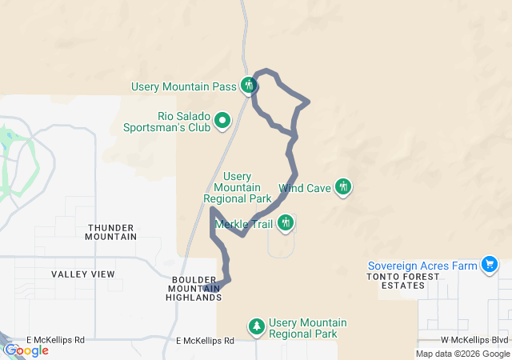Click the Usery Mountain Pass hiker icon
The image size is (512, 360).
pos(248,85)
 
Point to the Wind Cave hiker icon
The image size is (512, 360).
pos(343,187)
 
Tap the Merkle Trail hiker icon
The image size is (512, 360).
pos(286,223)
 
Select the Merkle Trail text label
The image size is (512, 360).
pos(244,224)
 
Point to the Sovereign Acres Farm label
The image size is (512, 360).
pos(422,266)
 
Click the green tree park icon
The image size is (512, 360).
pos(256,326)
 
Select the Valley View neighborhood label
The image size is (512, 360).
pos(83,274)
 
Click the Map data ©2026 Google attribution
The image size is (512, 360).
pos(462,354)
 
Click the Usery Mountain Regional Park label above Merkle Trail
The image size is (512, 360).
pos(238,187)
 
